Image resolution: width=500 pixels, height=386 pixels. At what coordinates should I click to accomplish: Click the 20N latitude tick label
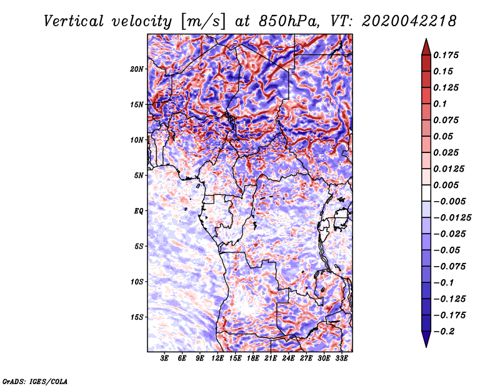[x=137, y=69]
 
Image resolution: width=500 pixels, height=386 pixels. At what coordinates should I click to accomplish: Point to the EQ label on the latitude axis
[x=139, y=210]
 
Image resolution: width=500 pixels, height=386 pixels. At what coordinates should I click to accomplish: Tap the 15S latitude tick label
[x=137, y=317]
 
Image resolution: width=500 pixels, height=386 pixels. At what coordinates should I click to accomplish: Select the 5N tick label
[x=139, y=176]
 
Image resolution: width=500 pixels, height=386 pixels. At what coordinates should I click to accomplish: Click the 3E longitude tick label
[x=164, y=359]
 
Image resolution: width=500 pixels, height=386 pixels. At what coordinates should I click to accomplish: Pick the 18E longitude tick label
[x=253, y=359]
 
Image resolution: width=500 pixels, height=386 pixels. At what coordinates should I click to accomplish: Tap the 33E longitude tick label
[x=341, y=359]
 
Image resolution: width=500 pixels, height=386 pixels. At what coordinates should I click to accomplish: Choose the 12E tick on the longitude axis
[x=217, y=359]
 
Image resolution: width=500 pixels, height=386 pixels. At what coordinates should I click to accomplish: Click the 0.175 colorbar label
[x=446, y=55]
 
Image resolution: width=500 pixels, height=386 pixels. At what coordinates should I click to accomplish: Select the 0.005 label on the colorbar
[x=446, y=185]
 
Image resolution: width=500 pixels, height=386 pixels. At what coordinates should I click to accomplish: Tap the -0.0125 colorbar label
[x=452, y=218]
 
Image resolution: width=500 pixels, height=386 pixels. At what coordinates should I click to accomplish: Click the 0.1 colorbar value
[x=440, y=104]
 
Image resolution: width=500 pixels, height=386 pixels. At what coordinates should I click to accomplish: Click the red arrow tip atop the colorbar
[x=426, y=39]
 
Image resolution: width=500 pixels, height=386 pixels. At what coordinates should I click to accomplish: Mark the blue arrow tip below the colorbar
[x=426, y=347]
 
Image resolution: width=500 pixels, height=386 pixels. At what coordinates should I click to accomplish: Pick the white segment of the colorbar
[x=426, y=193]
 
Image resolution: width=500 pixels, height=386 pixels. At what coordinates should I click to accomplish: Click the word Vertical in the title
[x=74, y=21]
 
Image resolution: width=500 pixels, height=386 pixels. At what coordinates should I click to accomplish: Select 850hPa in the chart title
[x=289, y=21]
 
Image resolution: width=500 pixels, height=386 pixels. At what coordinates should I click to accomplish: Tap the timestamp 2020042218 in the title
[x=409, y=21]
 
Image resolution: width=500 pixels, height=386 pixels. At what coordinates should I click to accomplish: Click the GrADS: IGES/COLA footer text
[x=35, y=381]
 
